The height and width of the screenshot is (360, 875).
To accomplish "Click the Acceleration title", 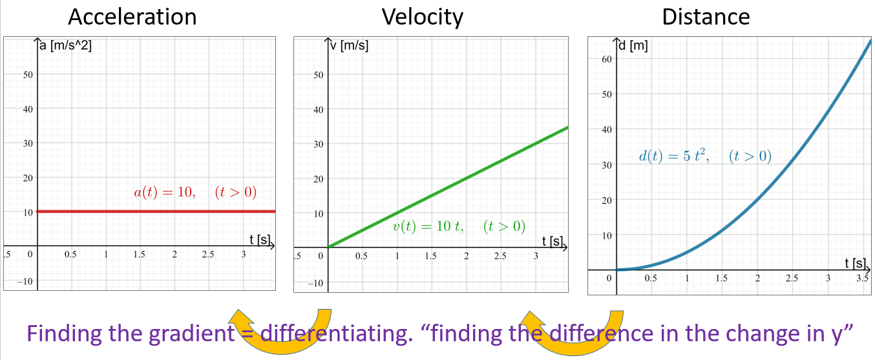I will (132, 16).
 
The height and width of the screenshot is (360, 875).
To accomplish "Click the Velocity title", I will (422, 16).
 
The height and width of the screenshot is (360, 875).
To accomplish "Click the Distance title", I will (706, 16).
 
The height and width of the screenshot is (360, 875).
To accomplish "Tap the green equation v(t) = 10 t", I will (459, 226).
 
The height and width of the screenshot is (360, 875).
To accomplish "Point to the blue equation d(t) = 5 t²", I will (704, 156).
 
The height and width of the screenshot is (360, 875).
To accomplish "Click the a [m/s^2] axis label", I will (65, 46).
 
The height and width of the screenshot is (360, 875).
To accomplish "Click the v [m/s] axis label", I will (349, 46).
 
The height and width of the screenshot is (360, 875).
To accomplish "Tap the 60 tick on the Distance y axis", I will (606, 59).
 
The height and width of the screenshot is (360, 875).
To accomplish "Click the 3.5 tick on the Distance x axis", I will (862, 279).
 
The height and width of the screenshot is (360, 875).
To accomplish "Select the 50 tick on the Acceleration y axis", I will (28, 74).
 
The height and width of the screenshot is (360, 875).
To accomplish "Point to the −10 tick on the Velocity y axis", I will (316, 282).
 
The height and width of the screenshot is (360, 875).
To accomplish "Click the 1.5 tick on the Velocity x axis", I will (430, 256).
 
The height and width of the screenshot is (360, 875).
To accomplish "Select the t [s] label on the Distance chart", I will (855, 263).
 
